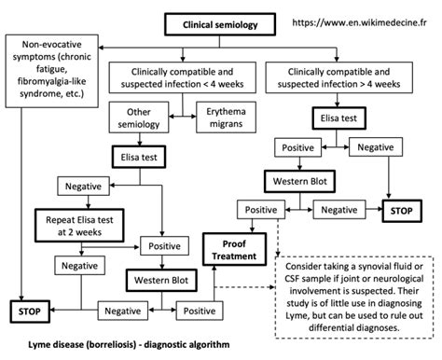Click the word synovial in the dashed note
pos(362,267)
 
